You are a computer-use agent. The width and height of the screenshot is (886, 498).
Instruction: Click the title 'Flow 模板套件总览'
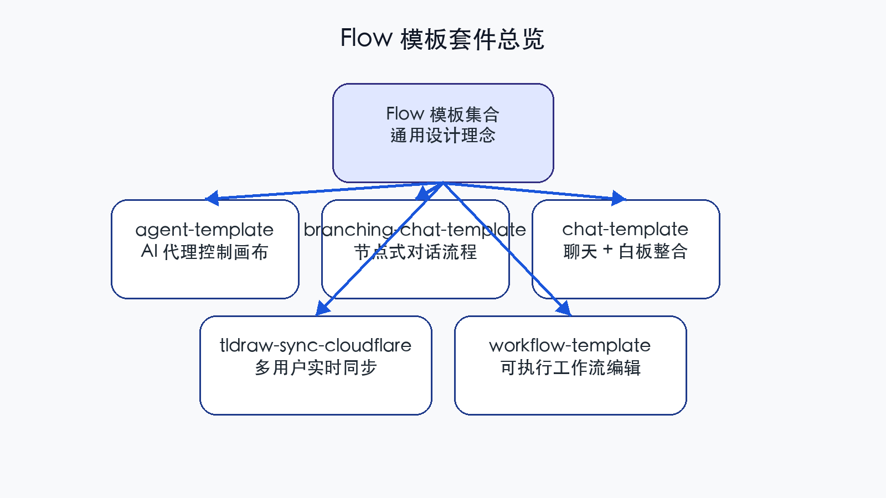442,39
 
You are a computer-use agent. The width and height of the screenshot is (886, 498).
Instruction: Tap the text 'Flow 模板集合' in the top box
442,114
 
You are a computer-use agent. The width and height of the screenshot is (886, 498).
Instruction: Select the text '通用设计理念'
442,136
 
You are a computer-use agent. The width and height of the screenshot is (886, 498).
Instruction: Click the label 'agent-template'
204,230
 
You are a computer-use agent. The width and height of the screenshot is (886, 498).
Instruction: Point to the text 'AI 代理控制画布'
204,252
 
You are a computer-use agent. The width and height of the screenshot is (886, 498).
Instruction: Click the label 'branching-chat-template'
415,230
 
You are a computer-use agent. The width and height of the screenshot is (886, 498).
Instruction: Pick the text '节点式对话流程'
415,252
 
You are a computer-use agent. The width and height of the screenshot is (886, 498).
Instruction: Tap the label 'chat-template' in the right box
625,229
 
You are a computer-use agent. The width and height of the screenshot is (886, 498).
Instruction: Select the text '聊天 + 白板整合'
625,252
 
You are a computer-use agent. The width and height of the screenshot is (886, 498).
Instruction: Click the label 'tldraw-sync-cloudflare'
315,345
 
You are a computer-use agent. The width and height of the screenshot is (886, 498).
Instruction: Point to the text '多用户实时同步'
315,367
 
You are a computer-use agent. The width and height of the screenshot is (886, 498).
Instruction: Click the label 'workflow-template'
570,345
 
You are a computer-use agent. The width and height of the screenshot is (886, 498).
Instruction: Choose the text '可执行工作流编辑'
570,367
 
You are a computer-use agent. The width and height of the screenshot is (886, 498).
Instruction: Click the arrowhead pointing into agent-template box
212,198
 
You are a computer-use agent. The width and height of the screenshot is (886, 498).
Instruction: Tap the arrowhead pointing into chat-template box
619,198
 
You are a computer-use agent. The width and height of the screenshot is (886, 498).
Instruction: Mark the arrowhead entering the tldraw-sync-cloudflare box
322,309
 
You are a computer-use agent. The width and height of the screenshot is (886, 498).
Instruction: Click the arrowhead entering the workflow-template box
564,309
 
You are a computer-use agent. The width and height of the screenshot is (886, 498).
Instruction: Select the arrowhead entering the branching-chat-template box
423,194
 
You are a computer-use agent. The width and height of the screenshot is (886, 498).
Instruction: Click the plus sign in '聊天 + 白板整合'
607,250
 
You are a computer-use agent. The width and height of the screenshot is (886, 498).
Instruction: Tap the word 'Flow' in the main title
366,38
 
